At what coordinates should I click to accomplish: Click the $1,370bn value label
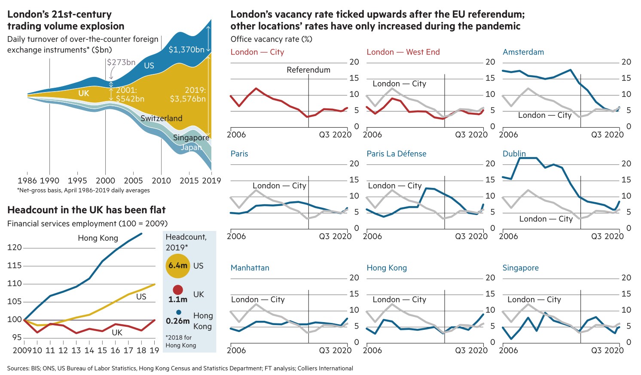pyautogui.click(x=186, y=49)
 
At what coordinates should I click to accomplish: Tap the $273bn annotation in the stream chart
pyautogui.click(x=121, y=62)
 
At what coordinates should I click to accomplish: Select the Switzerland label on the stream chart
pyautogui.click(x=161, y=118)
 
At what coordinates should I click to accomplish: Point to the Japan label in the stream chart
pyautogui.click(x=191, y=147)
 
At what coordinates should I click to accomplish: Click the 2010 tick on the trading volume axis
pyautogui.click(x=161, y=181)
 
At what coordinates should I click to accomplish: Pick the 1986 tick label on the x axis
pyautogui.click(x=27, y=181)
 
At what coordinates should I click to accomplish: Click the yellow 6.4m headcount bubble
pyautogui.click(x=178, y=266)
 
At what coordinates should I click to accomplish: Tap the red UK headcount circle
pyautogui.click(x=178, y=290)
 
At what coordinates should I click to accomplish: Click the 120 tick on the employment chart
pyautogui.click(x=15, y=247)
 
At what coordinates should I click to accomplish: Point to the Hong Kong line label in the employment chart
pyautogui.click(x=98, y=238)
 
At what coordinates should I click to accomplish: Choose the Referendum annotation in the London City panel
pyautogui.click(x=308, y=70)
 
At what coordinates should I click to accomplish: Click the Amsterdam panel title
pyautogui.click(x=523, y=52)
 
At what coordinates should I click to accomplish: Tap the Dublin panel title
pyautogui.click(x=514, y=154)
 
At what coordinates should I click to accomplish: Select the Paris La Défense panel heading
pyautogui.click(x=397, y=154)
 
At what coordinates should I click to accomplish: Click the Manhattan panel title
pyautogui.click(x=250, y=267)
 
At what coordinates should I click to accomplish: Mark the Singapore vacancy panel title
pyautogui.click(x=521, y=267)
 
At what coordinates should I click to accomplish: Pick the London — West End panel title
pyautogui.click(x=403, y=52)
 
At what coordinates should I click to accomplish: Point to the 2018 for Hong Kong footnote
pyautogui.click(x=180, y=341)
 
